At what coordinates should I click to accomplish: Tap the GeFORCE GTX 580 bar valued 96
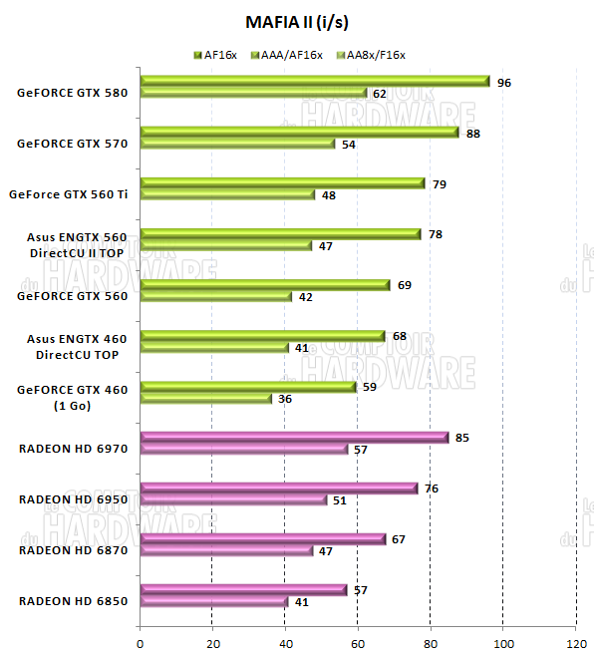[x=315, y=81]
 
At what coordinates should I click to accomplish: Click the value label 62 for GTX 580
[x=380, y=94]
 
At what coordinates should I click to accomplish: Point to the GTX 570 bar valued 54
[x=237, y=145]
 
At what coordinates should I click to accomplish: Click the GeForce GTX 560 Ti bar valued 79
[x=283, y=182]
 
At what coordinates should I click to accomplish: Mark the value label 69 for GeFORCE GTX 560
[x=405, y=285]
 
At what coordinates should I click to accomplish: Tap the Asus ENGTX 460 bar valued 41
[x=214, y=348]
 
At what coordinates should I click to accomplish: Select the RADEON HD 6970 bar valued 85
[x=294, y=437]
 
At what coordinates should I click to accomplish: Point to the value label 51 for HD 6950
[x=340, y=500]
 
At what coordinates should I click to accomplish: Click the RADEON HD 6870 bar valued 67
[x=262, y=538]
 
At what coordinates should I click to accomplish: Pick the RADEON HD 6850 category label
[x=74, y=601]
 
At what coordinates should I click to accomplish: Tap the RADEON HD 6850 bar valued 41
[x=214, y=602]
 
